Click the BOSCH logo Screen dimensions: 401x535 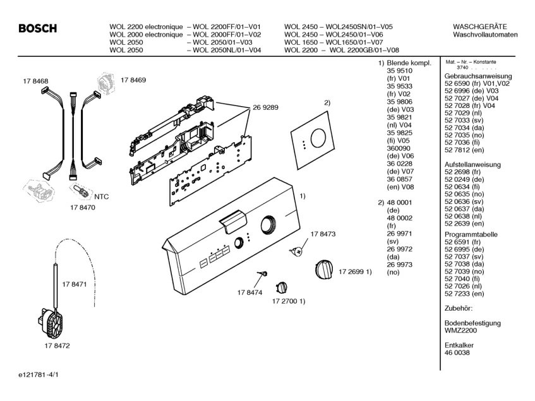coord(39,28)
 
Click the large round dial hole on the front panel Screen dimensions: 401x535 coord(268,225)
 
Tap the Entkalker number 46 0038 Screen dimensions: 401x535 coord(457,353)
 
